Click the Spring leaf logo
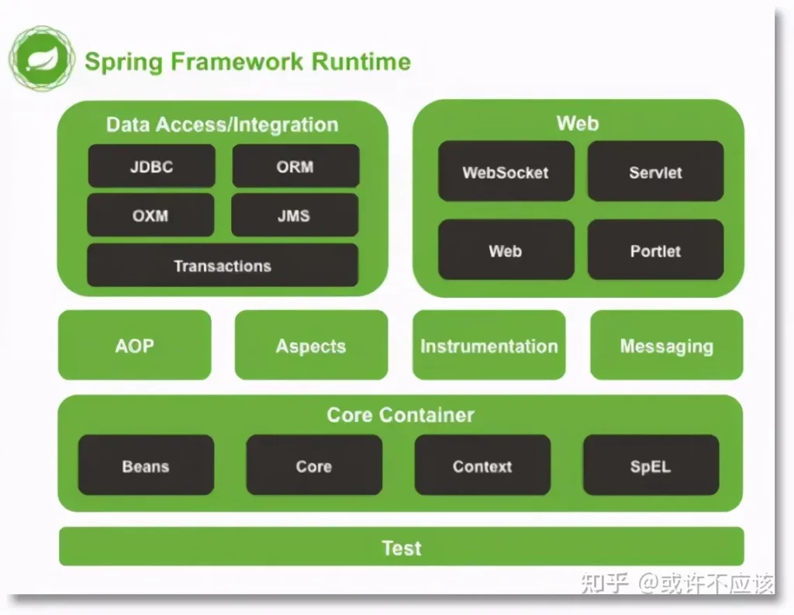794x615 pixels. click(42, 59)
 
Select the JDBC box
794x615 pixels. click(151, 166)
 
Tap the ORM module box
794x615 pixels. click(295, 166)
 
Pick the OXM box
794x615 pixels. click(150, 215)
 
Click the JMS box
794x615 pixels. click(295, 215)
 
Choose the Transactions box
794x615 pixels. click(223, 265)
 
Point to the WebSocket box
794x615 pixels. click(506, 171)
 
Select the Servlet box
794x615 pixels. click(655, 171)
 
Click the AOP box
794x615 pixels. click(135, 345)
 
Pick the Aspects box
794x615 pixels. click(312, 345)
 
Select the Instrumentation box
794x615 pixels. click(489, 345)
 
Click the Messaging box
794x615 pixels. click(667, 345)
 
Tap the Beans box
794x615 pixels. click(146, 465)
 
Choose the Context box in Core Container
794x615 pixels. click(482, 465)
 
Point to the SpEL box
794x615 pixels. click(651, 465)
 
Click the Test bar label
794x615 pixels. click(402, 548)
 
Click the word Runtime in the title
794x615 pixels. click(361, 61)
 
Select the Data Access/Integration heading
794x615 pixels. click(223, 125)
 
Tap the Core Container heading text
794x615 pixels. click(401, 415)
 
